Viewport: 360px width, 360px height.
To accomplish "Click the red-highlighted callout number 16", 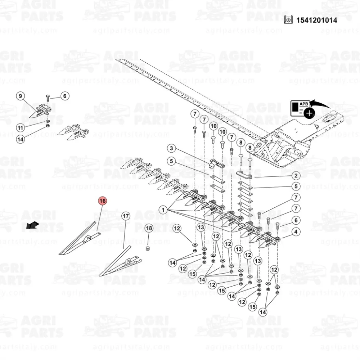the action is (x=102, y=201).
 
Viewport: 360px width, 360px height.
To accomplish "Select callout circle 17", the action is (x=126, y=216).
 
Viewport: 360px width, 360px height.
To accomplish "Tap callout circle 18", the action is (x=149, y=228).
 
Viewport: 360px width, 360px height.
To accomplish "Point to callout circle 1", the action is (x=163, y=210).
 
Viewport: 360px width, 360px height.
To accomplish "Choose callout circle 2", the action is (x=296, y=176).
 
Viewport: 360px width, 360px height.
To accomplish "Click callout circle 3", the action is (x=171, y=148).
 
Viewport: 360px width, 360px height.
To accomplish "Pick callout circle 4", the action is (x=296, y=231).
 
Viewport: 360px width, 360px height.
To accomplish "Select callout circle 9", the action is (x=21, y=96).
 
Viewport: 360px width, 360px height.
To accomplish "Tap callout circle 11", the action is (x=21, y=128).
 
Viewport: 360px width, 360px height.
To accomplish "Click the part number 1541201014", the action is (x=316, y=20).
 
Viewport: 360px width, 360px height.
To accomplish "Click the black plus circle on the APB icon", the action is (x=309, y=113).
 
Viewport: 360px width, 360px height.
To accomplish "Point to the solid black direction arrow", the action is (x=32, y=225).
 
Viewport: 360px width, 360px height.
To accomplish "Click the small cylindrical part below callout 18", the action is (x=148, y=248).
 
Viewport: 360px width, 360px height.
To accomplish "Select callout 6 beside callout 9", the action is (x=65, y=96).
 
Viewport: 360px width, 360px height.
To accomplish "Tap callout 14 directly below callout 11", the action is (x=21, y=139).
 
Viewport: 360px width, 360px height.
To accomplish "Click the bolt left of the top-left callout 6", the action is (x=48, y=98).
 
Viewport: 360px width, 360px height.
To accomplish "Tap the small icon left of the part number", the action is (x=288, y=20).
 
